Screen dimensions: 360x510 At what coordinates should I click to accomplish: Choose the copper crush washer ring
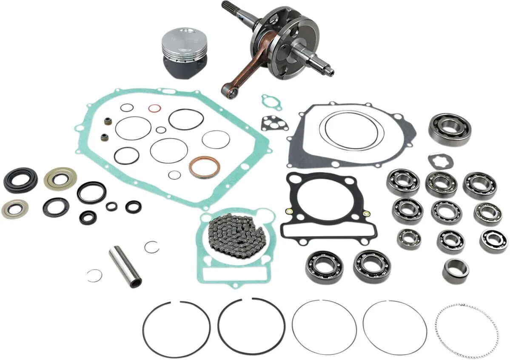coord(204,167)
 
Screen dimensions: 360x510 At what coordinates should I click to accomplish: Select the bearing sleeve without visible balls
coord(455,270)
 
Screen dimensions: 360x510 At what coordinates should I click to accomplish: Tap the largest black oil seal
coord(20,180)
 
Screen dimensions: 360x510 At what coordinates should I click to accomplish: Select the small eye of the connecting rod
coord(230,92)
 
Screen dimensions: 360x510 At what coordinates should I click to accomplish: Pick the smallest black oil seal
coord(112,207)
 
